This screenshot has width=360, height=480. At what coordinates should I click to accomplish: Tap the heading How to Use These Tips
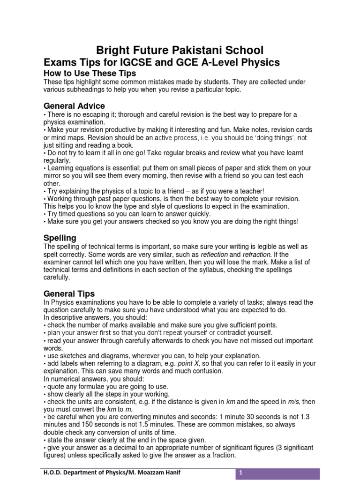tap(90, 74)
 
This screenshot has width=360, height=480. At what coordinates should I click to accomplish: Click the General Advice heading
tap(74, 106)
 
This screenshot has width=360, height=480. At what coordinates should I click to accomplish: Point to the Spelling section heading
tap(60, 238)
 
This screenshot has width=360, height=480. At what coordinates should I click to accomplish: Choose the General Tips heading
tap(69, 294)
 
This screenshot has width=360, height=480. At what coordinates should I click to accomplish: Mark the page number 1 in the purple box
tap(241, 473)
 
